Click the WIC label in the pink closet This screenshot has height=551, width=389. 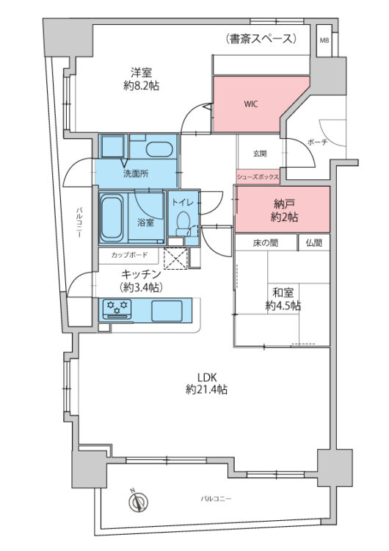coord(252,104)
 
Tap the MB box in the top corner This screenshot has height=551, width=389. coord(324,40)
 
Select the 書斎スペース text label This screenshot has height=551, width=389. coord(262,38)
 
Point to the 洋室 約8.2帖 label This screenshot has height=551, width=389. coord(141,79)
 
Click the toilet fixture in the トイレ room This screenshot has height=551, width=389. coord(183,221)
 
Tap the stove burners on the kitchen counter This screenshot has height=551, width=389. coord(118,308)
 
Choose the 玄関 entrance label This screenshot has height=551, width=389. coord(260,154)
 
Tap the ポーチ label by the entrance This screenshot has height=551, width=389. coord(316,141)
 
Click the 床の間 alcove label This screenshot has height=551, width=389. coord(266,242)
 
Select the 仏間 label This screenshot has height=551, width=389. coord(314,242)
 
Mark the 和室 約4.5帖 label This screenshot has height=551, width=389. coord(282,299)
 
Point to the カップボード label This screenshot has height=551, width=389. coord(129,256)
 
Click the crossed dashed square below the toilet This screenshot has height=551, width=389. coord(176,259)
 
